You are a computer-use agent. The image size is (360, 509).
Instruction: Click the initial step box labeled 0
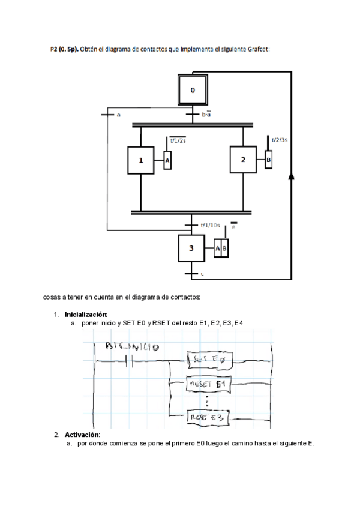(x=193, y=90)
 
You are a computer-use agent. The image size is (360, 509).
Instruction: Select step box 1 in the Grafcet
(x=141, y=160)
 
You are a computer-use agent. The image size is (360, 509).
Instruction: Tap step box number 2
(x=243, y=160)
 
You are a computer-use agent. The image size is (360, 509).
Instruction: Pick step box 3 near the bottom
(x=192, y=248)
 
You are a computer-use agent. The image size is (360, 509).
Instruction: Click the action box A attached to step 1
(x=167, y=161)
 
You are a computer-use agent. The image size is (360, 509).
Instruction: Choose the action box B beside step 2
(x=268, y=160)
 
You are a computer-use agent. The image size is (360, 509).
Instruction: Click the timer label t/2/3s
(x=280, y=139)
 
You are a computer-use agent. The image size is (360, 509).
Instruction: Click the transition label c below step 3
(x=202, y=274)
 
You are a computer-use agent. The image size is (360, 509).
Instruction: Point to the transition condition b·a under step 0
(x=206, y=114)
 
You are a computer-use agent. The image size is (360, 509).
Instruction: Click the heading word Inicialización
(x=86, y=315)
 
